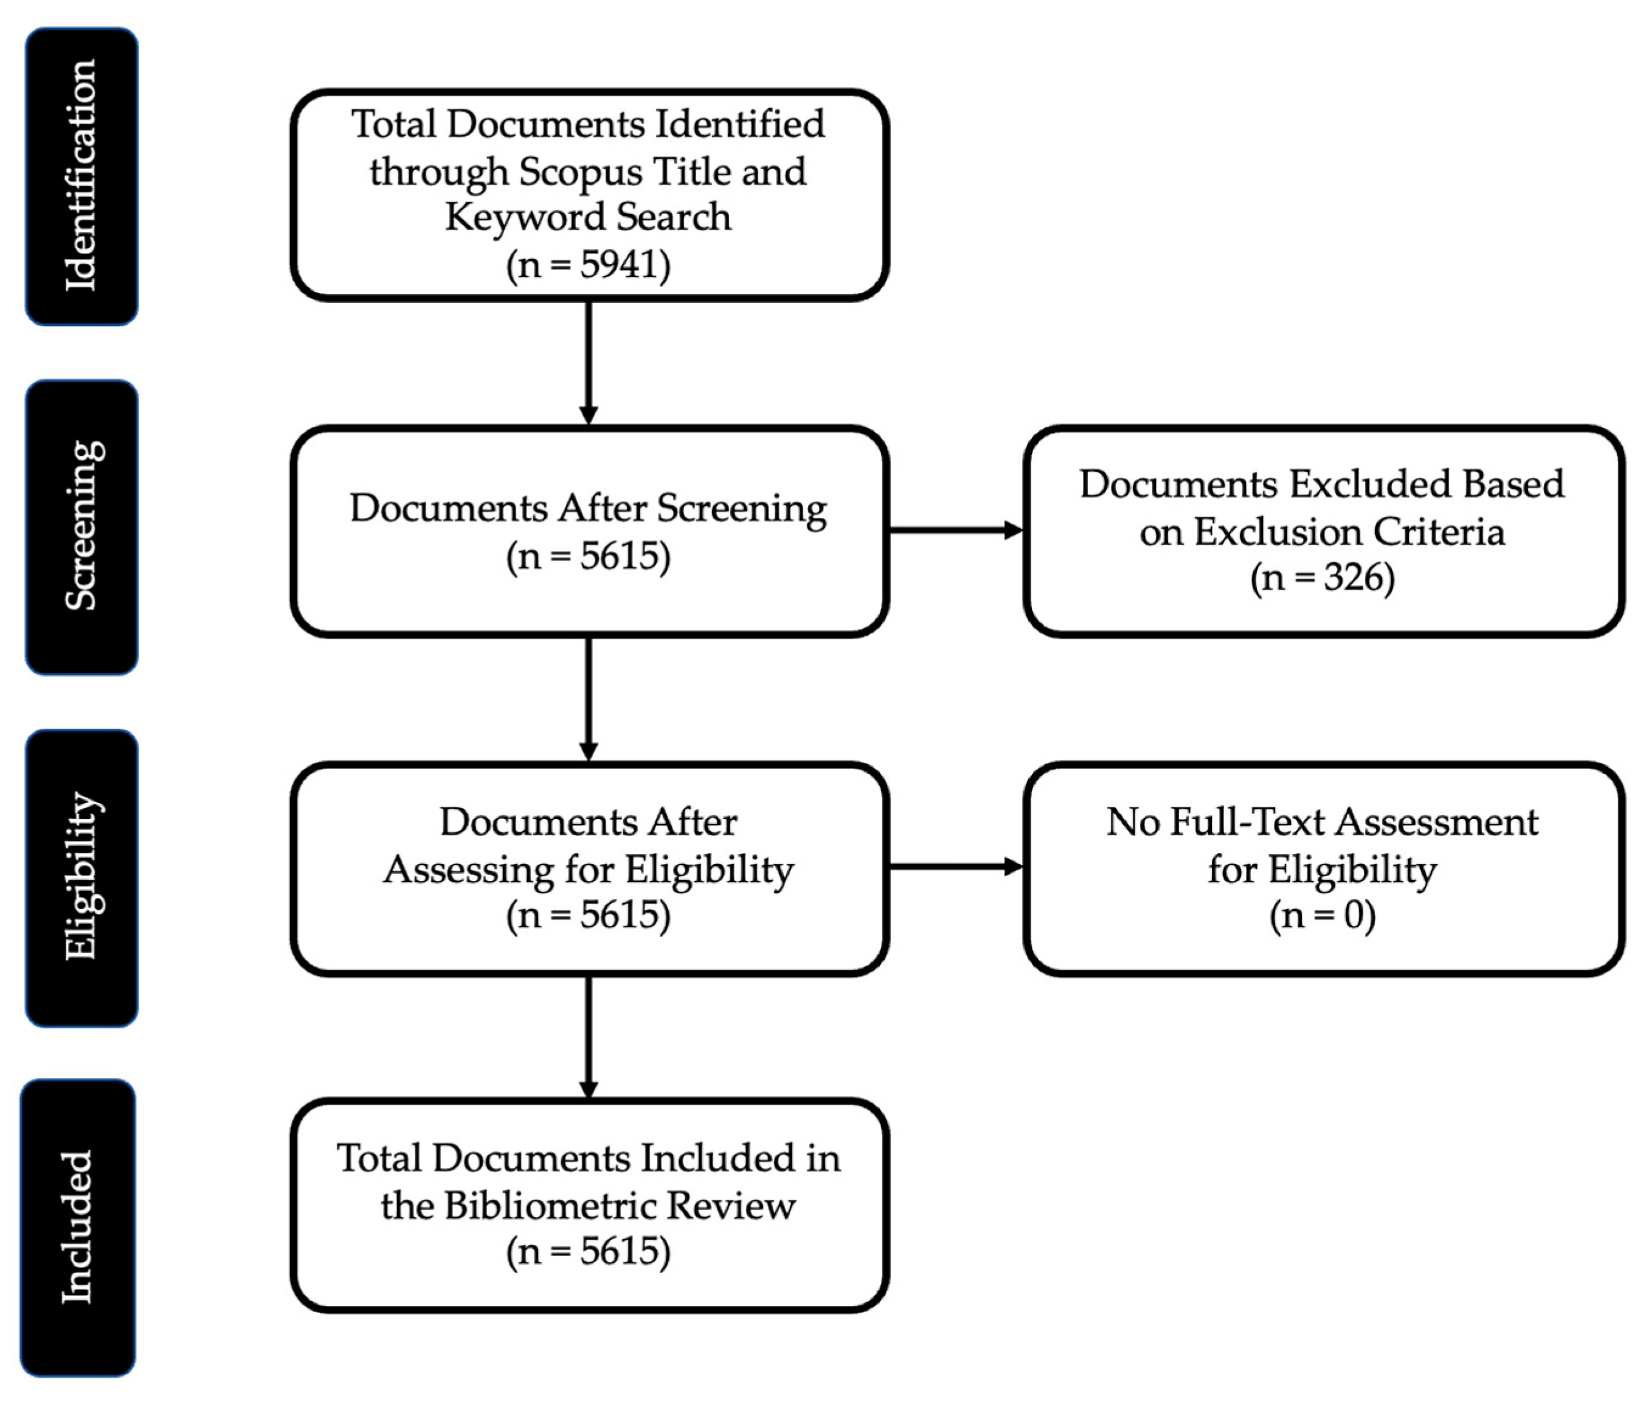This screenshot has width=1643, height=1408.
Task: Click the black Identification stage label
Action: pos(81,176)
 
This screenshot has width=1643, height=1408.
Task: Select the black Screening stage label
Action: pos(81,527)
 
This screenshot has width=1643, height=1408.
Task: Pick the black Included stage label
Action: pos(78,1227)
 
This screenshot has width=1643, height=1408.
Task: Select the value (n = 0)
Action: pos(1322,916)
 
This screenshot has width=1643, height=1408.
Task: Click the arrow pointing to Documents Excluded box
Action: pos(955,530)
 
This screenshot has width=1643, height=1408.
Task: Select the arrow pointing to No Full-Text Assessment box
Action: pos(955,866)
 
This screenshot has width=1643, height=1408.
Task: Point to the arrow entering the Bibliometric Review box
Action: pos(587,1037)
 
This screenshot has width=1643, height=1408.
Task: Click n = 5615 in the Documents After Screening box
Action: pos(587,556)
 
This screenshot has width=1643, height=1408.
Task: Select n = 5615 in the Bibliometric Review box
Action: pos(587,1252)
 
